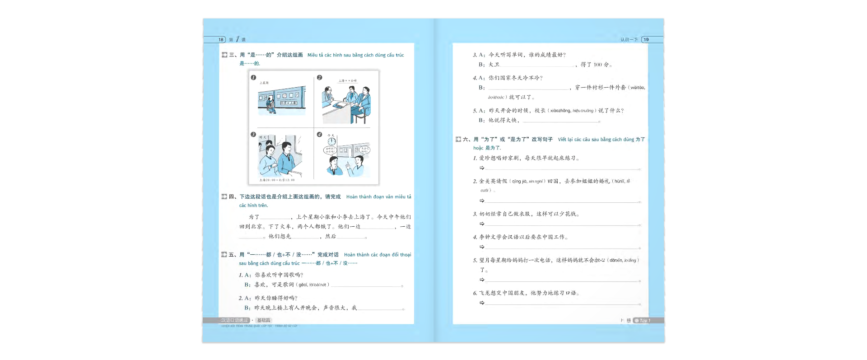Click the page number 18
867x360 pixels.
pos(221,40)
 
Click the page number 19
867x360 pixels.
pos(646,40)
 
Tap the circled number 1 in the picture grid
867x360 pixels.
pos(253,78)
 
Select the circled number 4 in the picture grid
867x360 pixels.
pos(319,135)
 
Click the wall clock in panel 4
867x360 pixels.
pos(332,141)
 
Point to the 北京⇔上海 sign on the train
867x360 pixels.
pos(289,103)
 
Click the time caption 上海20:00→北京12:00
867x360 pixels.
pos(277,180)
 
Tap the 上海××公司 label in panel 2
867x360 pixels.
pos(348,81)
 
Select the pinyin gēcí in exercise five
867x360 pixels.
pos(303,285)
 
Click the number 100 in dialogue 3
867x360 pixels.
pos(598,65)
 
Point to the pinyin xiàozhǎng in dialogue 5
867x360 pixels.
pos(560,111)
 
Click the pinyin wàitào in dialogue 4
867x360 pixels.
pos(638,88)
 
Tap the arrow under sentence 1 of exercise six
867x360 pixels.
pos(482,168)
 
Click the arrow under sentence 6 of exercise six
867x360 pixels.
pos(482,303)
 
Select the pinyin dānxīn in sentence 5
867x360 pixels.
pos(616,261)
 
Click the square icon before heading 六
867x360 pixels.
pos(458,140)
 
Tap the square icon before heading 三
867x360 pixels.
pos(224,55)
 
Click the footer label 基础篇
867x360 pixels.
pos(264,320)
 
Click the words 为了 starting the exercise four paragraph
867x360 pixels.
pos(254,217)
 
